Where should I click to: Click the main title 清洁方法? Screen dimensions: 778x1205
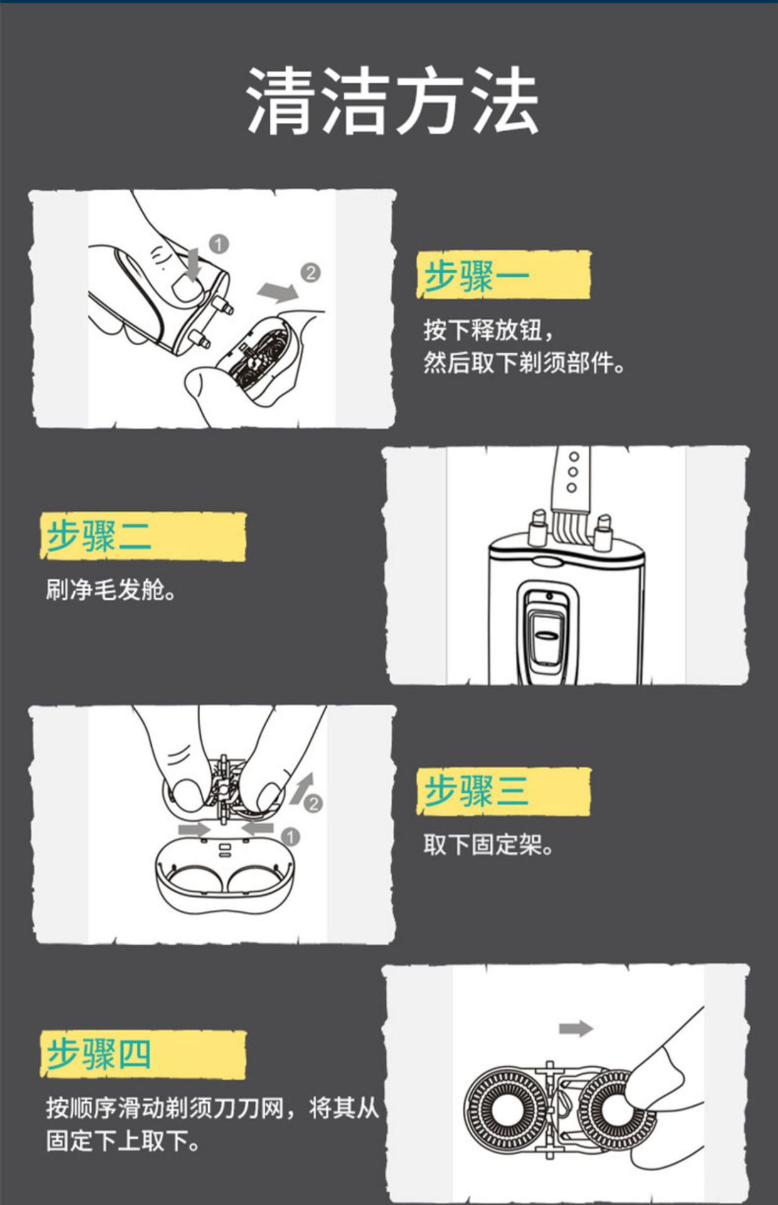(393, 100)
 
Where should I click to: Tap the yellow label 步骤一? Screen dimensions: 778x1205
(503, 275)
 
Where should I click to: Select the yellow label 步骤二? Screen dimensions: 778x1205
(143, 537)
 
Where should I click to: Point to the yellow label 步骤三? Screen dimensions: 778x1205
(503, 791)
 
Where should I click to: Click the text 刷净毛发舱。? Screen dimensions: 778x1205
(110, 590)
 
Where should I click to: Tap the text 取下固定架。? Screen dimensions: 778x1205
(489, 845)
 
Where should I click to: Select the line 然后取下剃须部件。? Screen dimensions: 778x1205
(524, 363)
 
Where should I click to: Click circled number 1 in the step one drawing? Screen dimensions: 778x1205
(218, 244)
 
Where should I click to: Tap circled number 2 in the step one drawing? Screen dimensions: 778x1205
(311, 273)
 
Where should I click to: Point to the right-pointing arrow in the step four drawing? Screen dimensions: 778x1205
(576, 1029)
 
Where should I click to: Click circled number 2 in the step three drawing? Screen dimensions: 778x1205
(313, 803)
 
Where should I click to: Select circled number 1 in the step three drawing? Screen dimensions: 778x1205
(290, 837)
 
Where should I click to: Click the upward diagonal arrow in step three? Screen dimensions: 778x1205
(303, 788)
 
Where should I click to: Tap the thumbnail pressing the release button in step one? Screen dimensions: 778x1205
(187, 289)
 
